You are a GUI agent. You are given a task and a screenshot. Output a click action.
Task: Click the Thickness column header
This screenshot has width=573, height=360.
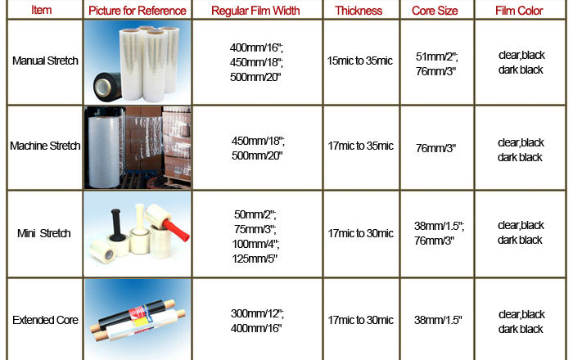[x=359, y=11]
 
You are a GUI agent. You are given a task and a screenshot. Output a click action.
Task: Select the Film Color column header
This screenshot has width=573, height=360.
[x=519, y=11]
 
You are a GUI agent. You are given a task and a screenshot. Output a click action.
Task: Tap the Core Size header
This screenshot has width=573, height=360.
[x=435, y=11]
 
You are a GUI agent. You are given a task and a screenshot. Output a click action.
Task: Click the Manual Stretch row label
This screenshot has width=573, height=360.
[x=45, y=61]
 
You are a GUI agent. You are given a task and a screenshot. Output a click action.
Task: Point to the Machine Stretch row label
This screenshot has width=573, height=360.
[x=45, y=146]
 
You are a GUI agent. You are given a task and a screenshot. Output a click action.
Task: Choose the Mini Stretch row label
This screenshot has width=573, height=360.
[x=44, y=233]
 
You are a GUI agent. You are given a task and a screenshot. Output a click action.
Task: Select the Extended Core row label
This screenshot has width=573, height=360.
[x=45, y=320]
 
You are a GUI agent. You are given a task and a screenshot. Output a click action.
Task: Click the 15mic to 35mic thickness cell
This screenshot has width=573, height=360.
[x=360, y=61]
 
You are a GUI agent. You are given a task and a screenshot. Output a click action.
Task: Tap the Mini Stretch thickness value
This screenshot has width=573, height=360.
[x=361, y=233]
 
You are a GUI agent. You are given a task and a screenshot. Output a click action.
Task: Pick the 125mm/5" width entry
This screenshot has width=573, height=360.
[x=255, y=259]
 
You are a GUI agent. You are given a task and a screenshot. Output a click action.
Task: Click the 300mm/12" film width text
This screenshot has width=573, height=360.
[x=257, y=313]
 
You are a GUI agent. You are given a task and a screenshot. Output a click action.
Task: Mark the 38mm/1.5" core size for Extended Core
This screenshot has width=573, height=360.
[x=438, y=320]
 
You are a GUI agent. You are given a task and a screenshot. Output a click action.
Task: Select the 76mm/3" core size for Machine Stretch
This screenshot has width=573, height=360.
[x=435, y=148]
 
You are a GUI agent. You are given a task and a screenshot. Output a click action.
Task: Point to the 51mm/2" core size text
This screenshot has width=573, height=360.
[x=436, y=56]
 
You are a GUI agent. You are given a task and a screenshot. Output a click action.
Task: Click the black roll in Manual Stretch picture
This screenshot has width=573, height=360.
[x=107, y=87]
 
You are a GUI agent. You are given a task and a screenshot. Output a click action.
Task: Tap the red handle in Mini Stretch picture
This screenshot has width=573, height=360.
[x=176, y=229]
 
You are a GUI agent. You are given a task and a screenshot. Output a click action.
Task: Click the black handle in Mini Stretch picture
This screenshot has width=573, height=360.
[x=117, y=224]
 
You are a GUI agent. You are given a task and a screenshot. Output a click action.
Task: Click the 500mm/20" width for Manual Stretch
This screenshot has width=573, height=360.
[x=255, y=77]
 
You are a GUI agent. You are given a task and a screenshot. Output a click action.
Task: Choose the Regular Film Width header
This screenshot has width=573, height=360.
[x=255, y=11]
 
